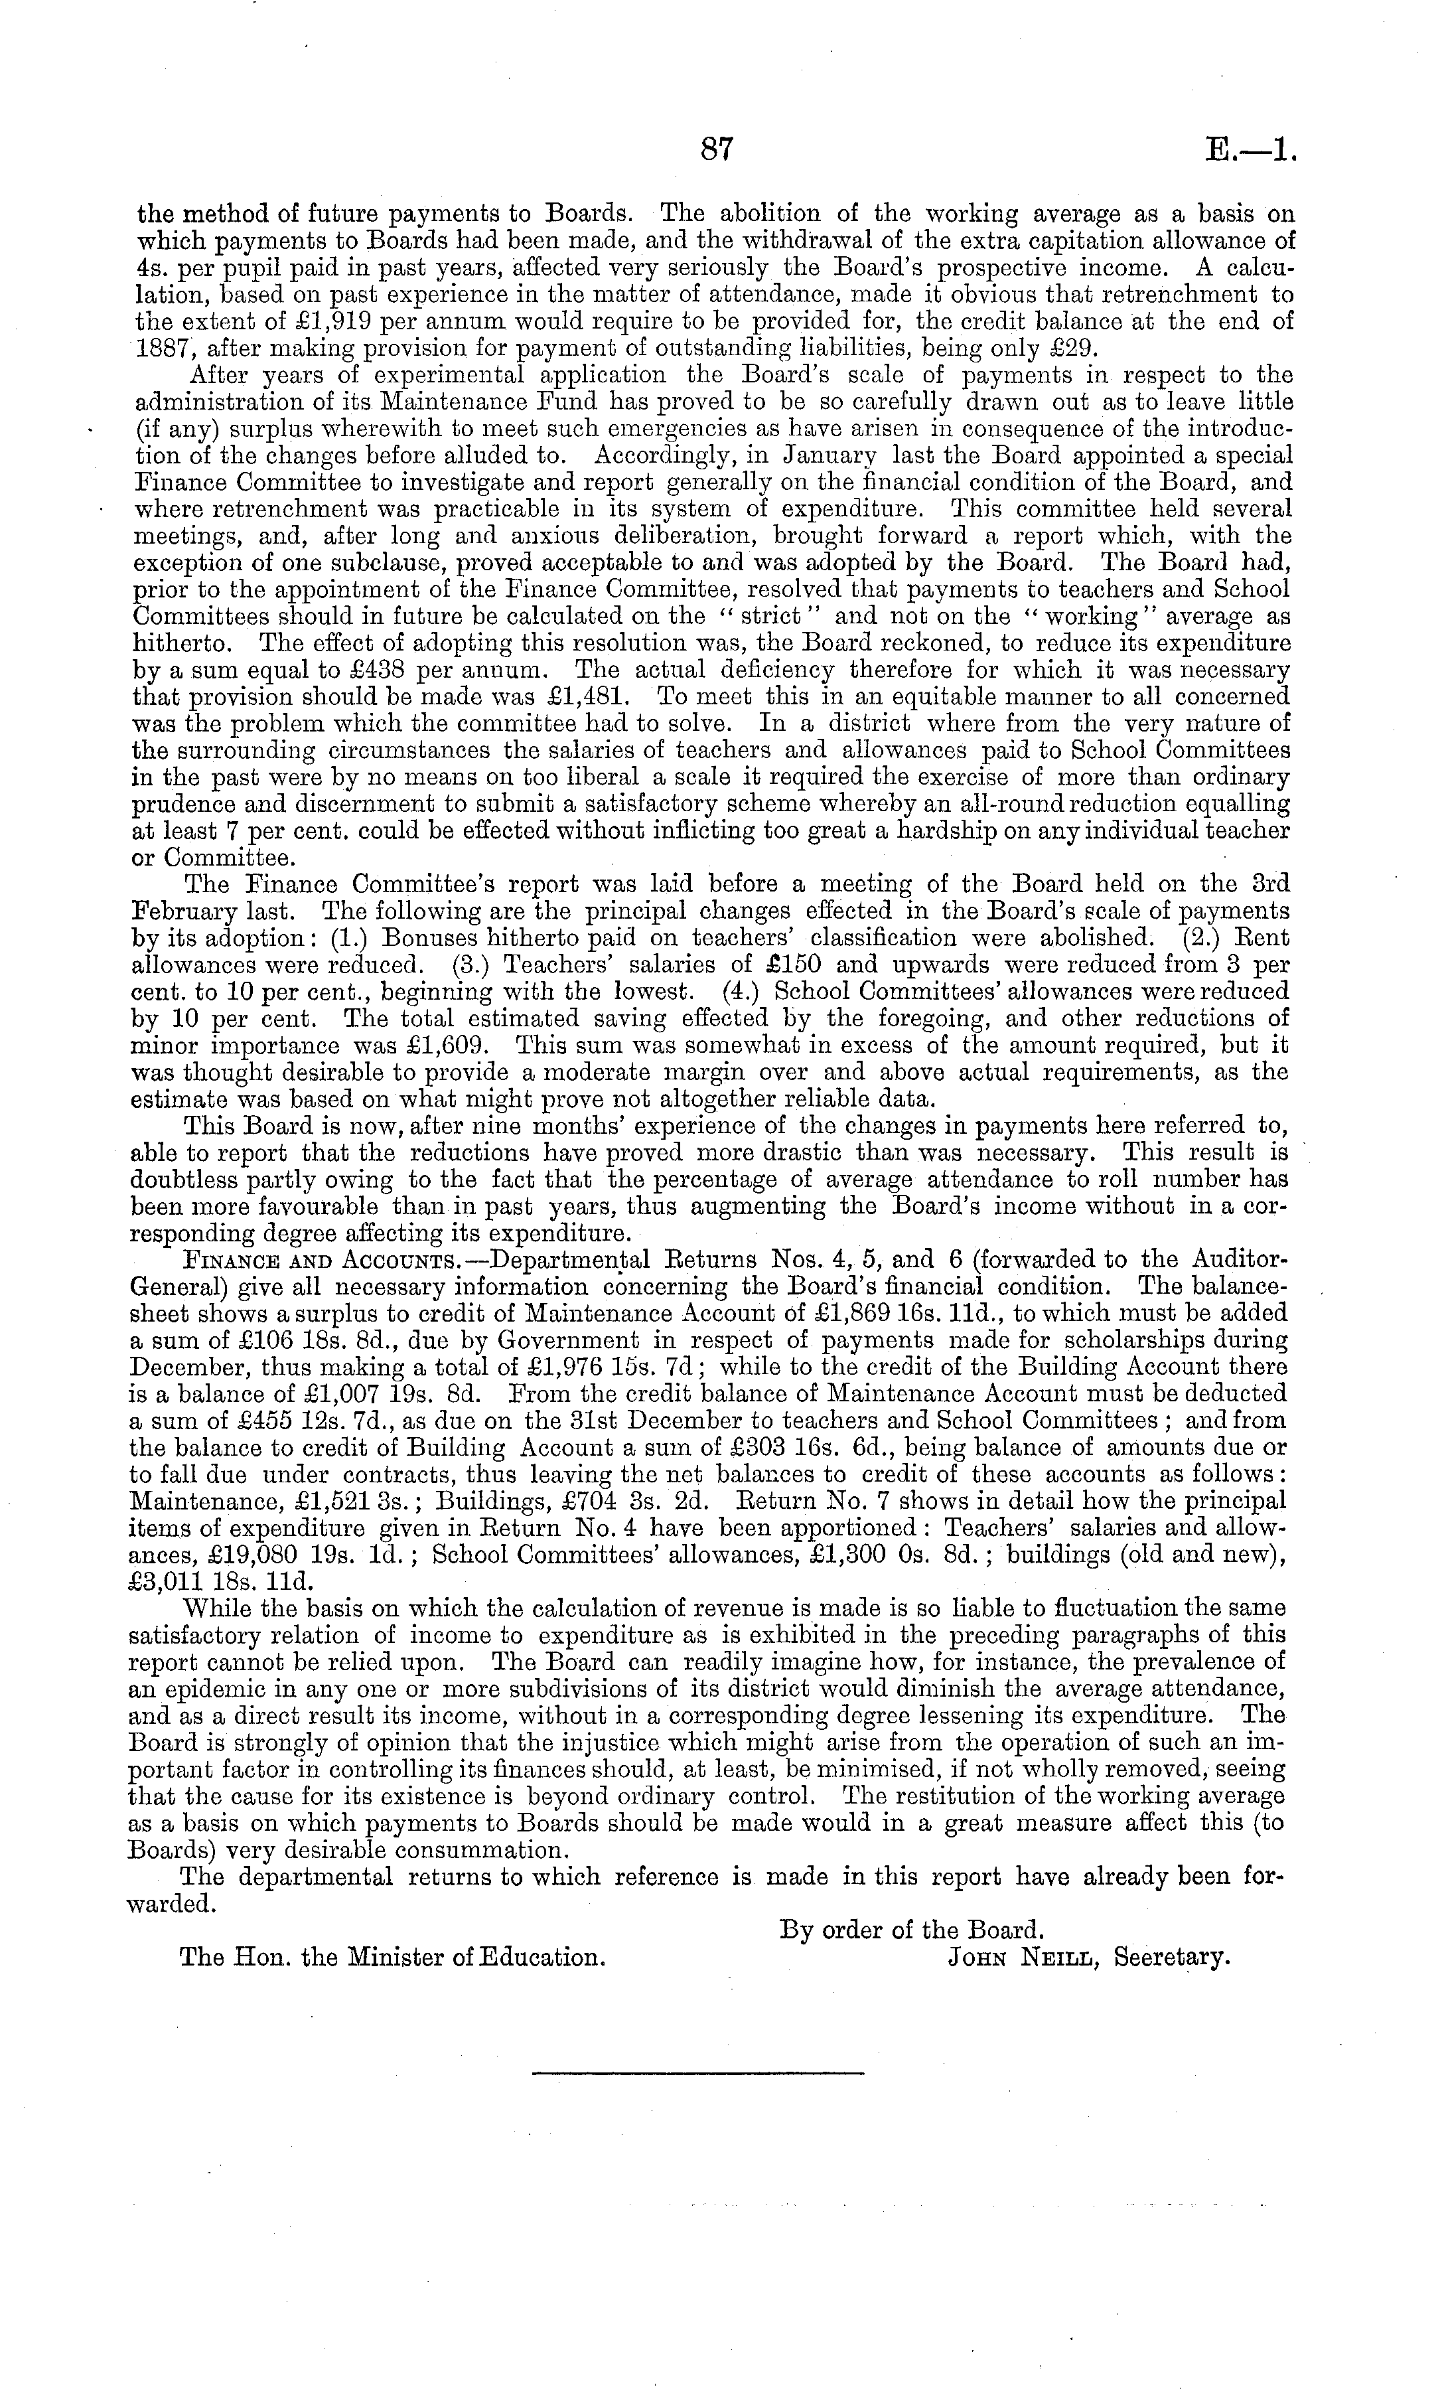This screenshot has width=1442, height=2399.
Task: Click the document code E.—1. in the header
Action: pos(1250,151)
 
